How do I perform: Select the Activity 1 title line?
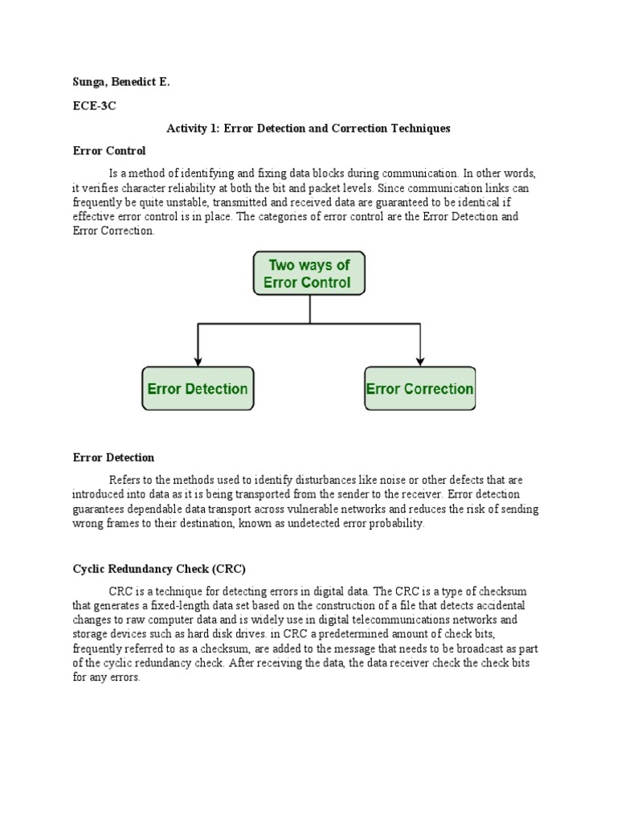tap(308, 128)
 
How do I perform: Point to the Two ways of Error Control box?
tap(309, 273)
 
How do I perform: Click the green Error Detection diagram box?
tap(198, 389)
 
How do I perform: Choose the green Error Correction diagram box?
tap(419, 389)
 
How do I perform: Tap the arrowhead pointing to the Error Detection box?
tap(198, 361)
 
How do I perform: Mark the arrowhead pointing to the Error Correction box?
tap(419, 361)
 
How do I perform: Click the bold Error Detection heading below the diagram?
tap(113, 457)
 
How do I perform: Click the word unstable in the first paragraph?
tap(215, 203)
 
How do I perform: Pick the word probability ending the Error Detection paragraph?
tap(394, 523)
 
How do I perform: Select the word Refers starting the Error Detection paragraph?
tap(125, 480)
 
